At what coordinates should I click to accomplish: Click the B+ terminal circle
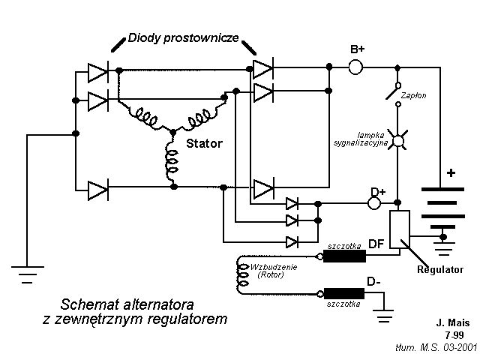point(356,67)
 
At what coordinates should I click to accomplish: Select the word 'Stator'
point(204,142)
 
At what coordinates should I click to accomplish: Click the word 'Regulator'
point(439,269)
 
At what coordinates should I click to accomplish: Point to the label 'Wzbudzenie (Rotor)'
point(274,271)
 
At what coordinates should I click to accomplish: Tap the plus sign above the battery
point(451,172)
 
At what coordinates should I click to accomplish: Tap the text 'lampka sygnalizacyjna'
point(362,136)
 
